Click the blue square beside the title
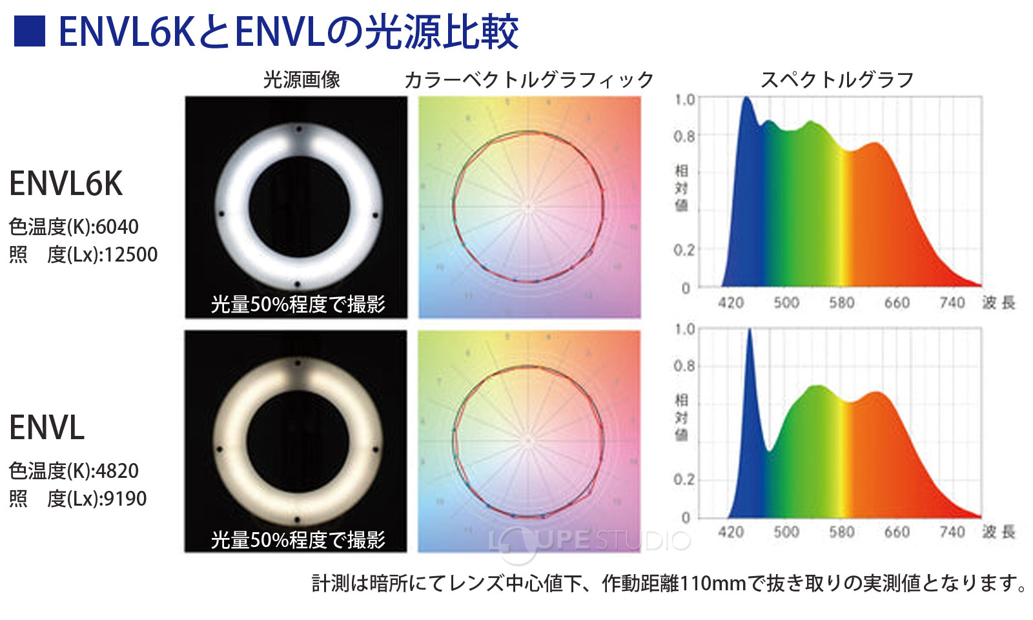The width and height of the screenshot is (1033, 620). (30, 30)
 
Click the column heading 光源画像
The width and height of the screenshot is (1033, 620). (302, 79)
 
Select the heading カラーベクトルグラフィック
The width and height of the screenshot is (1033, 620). (529, 79)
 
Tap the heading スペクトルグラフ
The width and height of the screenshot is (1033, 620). (837, 79)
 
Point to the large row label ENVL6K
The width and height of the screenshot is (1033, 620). (66, 183)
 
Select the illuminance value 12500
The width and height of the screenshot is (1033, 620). (130, 254)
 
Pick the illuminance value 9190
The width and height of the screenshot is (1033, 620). (125, 499)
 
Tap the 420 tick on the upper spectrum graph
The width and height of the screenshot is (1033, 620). (731, 302)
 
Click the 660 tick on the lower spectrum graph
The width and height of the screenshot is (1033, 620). (897, 532)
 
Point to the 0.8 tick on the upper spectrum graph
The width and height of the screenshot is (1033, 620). (684, 136)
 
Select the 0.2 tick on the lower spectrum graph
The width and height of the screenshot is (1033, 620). (684, 480)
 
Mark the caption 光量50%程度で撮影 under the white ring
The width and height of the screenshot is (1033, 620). (298, 304)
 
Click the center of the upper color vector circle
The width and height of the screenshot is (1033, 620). (529, 207)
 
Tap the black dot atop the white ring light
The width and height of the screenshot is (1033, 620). (298, 129)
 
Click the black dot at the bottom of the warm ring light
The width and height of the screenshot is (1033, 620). (297, 519)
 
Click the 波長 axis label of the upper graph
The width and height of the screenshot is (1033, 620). (999, 302)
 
